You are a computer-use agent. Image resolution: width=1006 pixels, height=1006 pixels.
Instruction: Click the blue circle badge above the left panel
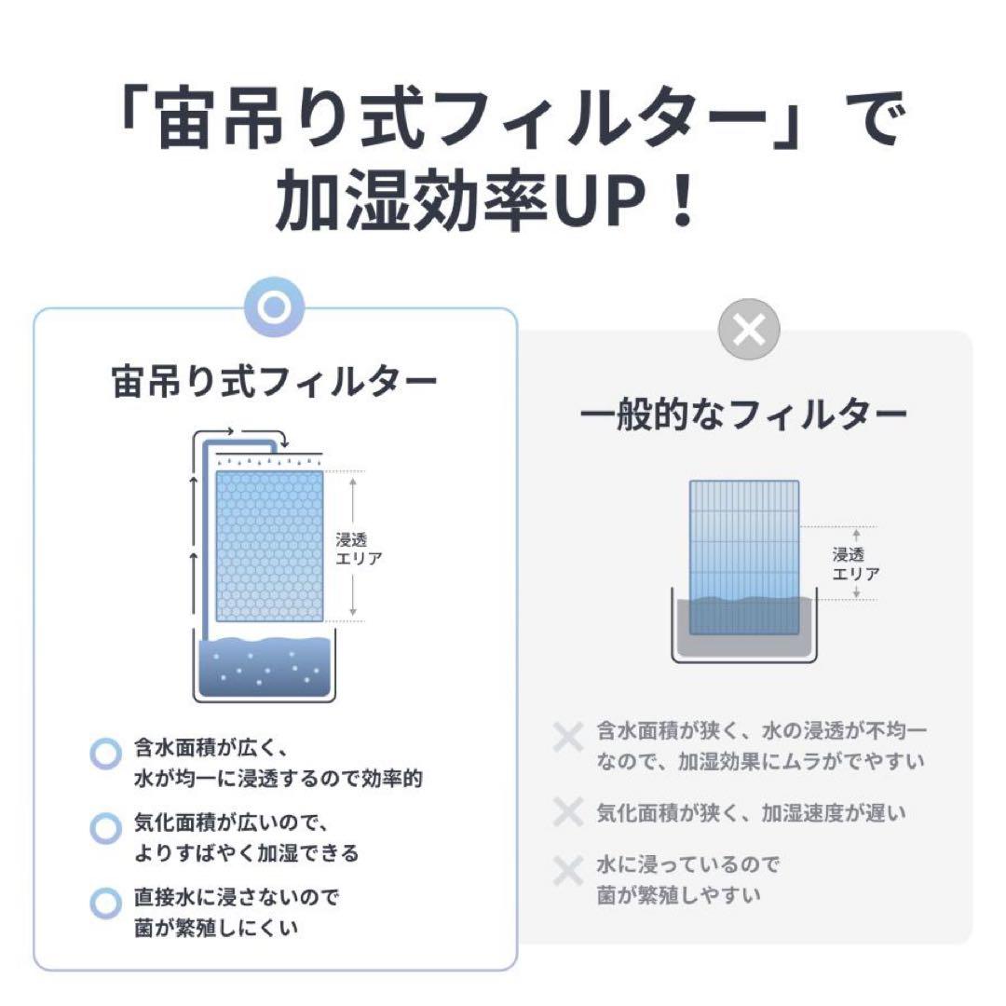pyautogui.click(x=274, y=306)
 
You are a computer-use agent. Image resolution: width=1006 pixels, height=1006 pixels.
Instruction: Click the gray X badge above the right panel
pyautogui.click(x=750, y=329)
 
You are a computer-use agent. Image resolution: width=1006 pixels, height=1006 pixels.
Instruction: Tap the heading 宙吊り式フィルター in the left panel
pyautogui.click(x=274, y=382)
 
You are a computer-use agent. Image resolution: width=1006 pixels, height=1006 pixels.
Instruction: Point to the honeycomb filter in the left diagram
pyautogui.click(x=269, y=546)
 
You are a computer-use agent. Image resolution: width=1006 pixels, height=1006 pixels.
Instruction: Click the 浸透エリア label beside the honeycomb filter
pyautogui.click(x=359, y=548)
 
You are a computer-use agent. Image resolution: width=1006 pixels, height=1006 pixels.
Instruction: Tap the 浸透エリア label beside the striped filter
pyautogui.click(x=855, y=564)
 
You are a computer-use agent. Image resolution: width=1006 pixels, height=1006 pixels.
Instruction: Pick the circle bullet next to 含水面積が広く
pyautogui.click(x=106, y=753)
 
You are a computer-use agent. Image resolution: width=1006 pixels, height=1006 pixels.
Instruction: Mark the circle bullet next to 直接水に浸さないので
pyautogui.click(x=106, y=902)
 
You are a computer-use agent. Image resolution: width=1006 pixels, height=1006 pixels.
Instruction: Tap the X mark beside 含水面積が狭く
pyautogui.click(x=567, y=738)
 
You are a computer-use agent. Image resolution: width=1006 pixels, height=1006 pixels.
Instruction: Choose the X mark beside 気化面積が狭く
pyautogui.click(x=567, y=812)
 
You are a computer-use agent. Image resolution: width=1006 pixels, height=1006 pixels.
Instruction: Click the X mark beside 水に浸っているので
pyautogui.click(x=567, y=872)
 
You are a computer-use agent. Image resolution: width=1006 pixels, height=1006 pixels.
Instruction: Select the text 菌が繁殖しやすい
pyautogui.click(x=678, y=895)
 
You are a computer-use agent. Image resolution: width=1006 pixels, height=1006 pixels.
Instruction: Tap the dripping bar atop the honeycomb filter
pyautogui.click(x=269, y=461)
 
